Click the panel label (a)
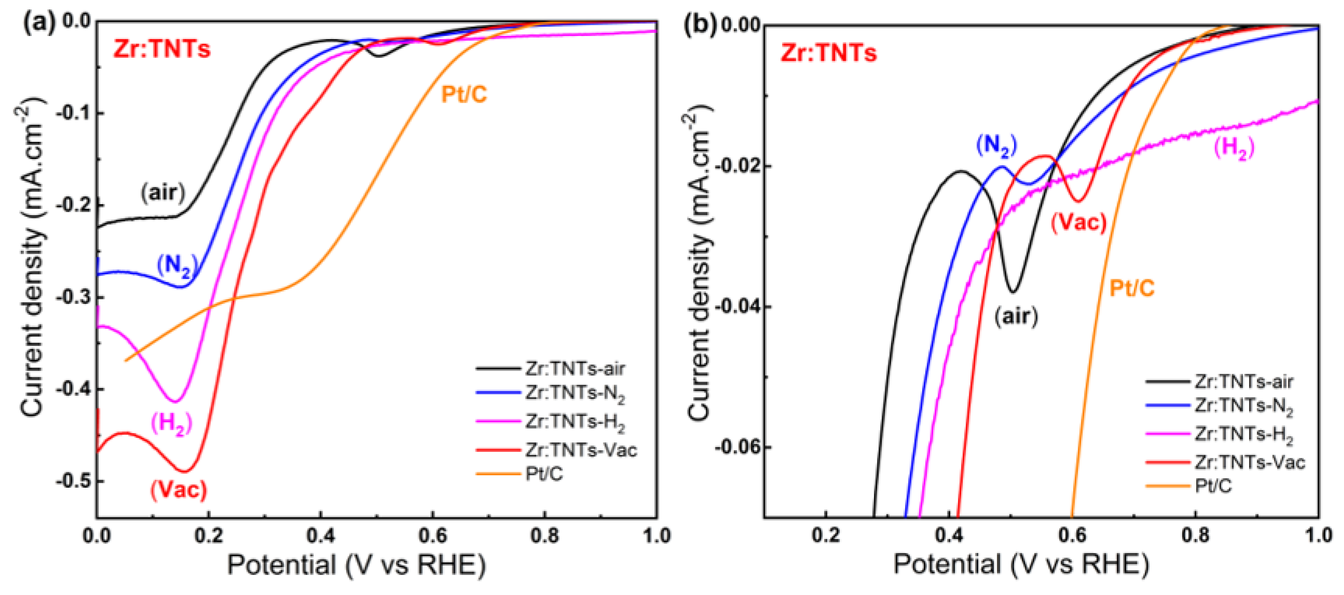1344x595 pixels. [39, 23]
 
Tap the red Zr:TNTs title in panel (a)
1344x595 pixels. [162, 50]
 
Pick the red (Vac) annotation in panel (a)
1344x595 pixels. [179, 489]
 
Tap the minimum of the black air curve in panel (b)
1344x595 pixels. [1013, 291]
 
